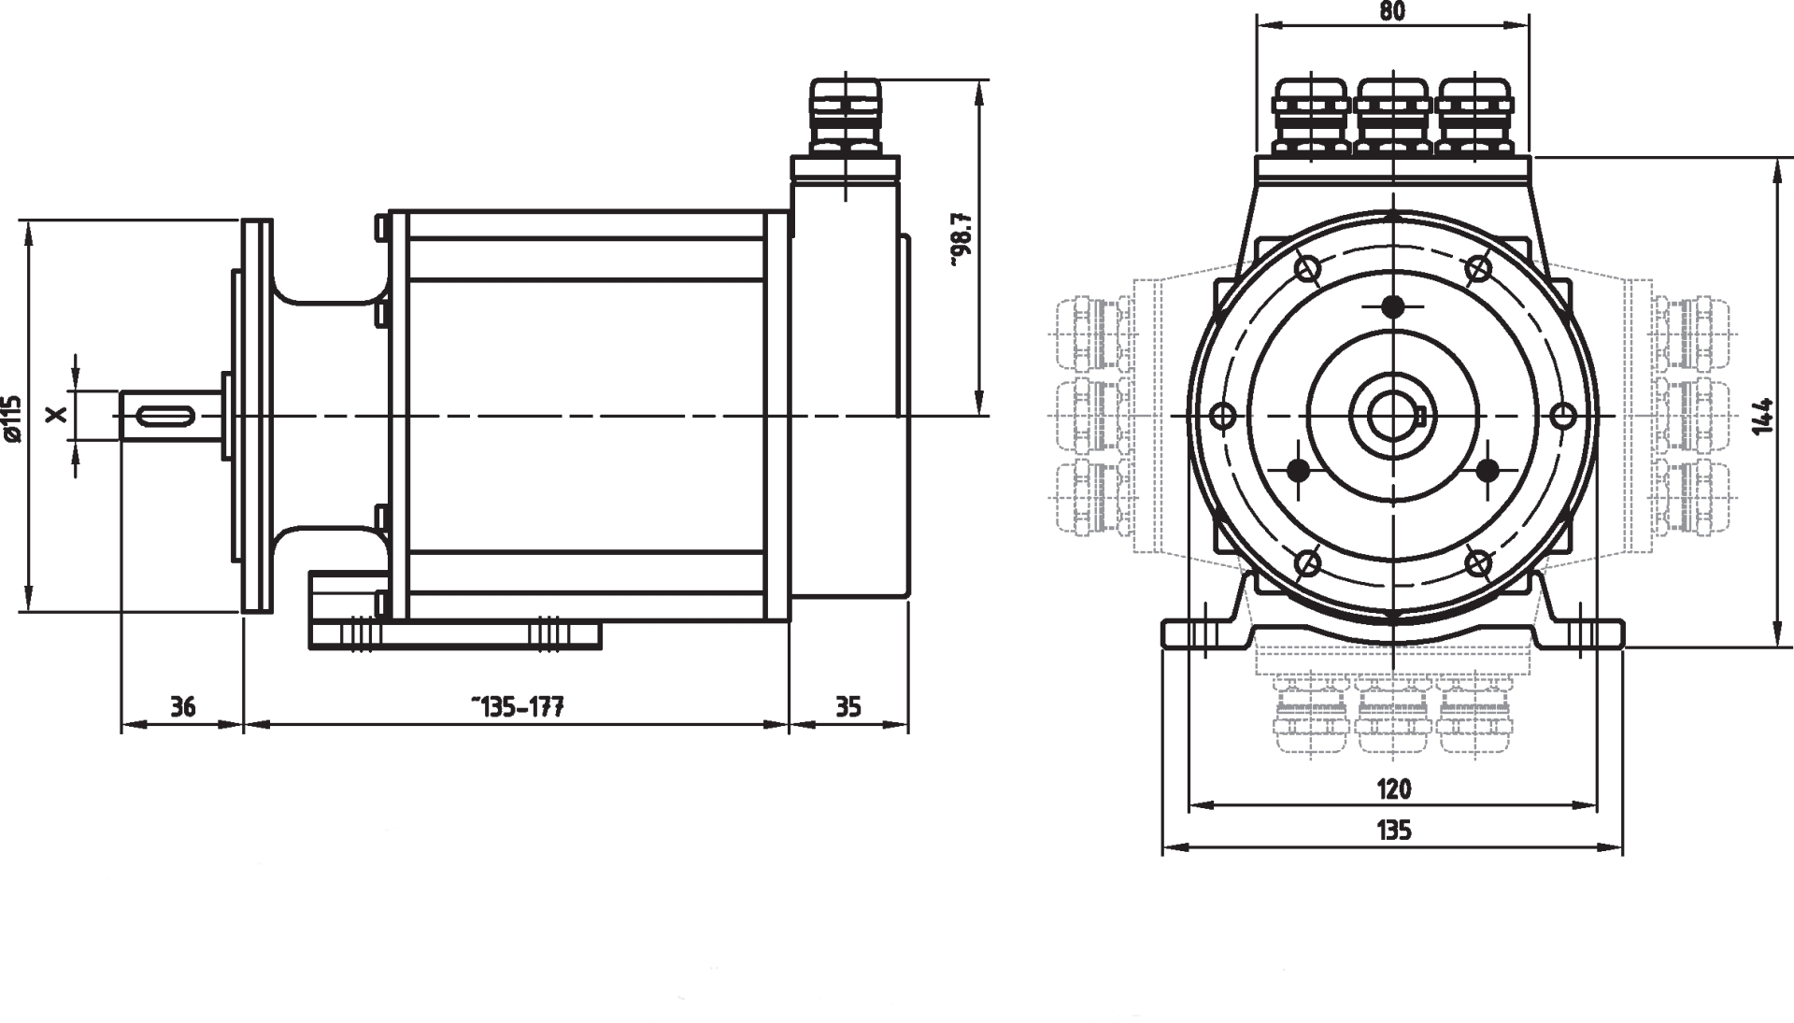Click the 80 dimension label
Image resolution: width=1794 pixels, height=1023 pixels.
click(x=1391, y=11)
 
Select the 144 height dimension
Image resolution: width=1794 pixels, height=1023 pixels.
click(x=1762, y=416)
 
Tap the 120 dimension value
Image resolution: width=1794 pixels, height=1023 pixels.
click(x=1393, y=789)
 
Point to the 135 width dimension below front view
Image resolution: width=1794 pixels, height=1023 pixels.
click(x=1393, y=830)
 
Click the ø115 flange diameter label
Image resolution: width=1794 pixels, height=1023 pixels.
click(x=11, y=418)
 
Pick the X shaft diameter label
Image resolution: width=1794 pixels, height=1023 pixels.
click(x=58, y=414)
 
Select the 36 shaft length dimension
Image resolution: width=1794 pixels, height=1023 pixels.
click(x=183, y=707)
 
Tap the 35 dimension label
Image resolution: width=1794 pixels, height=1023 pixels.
click(x=847, y=707)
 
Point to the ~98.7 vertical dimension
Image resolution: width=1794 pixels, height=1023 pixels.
click(x=963, y=240)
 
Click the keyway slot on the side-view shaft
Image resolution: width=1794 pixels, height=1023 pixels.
click(x=169, y=415)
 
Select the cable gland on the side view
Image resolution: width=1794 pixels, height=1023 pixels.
click(x=845, y=118)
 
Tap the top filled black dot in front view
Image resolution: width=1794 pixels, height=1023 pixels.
click(x=1393, y=305)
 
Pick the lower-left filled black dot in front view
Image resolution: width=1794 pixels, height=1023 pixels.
click(x=1297, y=472)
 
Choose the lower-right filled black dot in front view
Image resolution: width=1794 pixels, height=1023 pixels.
click(x=1489, y=470)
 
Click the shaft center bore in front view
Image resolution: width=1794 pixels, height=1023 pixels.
click(x=1392, y=415)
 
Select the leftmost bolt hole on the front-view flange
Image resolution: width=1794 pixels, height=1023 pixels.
click(x=1221, y=415)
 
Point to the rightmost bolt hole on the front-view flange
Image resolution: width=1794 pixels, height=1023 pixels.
click(x=1563, y=415)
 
